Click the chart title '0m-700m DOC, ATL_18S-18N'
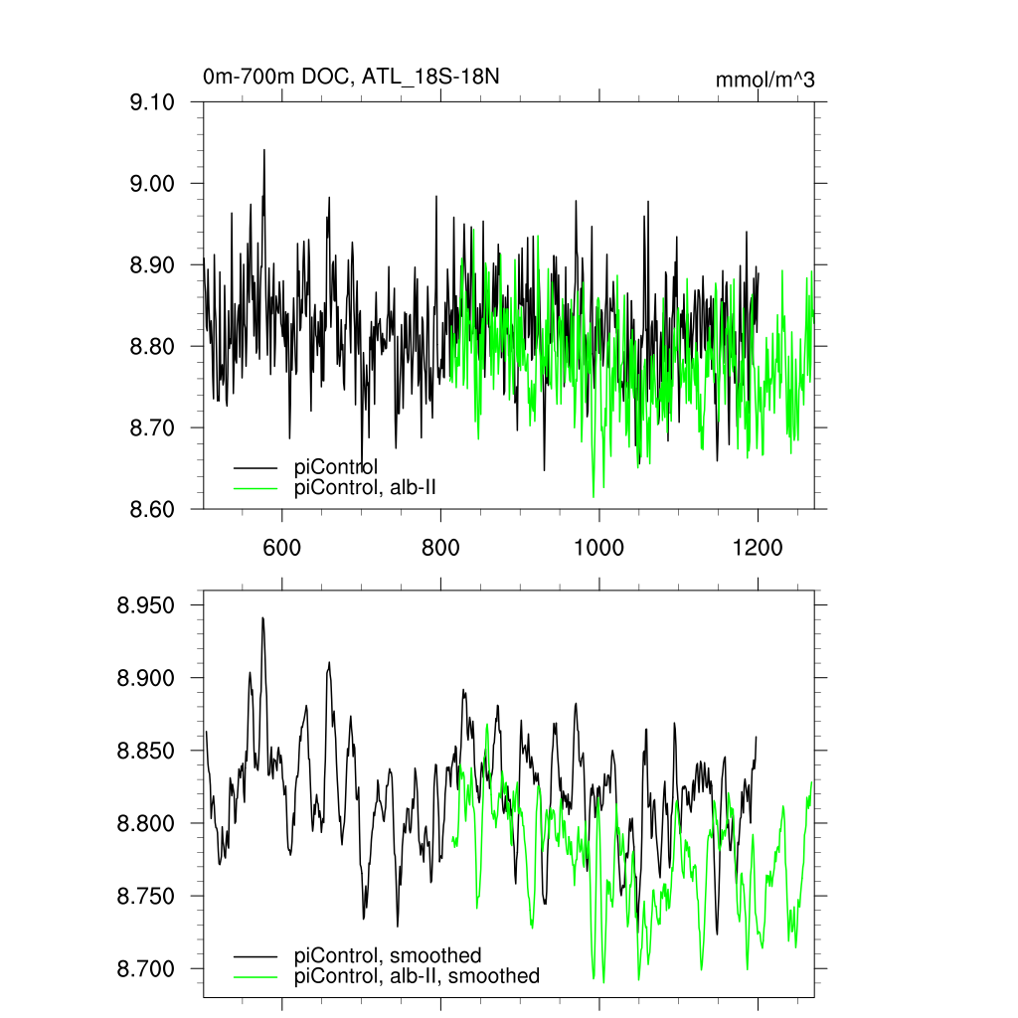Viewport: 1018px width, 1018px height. [x=350, y=77]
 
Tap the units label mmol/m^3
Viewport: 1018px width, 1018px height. [x=764, y=81]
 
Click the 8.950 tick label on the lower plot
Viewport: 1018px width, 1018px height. [x=146, y=605]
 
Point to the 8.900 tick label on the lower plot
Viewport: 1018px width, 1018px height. [x=146, y=678]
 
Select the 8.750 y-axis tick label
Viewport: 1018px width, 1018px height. [x=146, y=897]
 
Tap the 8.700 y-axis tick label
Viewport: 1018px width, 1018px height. [x=146, y=969]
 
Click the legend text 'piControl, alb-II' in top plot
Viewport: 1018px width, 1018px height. [x=366, y=487]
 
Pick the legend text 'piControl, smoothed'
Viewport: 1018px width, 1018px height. [x=388, y=956]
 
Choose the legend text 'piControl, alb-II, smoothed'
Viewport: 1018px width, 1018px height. [x=417, y=976]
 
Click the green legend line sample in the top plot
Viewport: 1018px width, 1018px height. [x=255, y=487]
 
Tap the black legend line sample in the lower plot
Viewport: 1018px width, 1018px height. [x=255, y=956]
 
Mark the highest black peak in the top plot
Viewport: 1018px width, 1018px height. [x=264, y=150]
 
